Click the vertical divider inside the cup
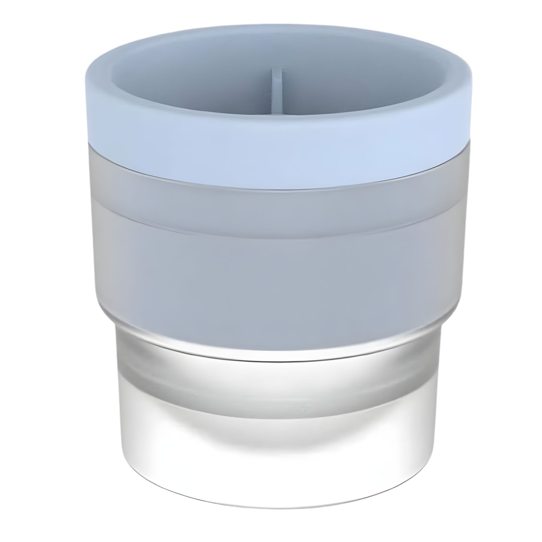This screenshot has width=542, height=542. point(276,90)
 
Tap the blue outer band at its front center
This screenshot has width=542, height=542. point(276,157)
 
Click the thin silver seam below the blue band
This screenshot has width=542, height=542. point(276,190)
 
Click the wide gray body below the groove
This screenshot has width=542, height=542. point(276,280)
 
